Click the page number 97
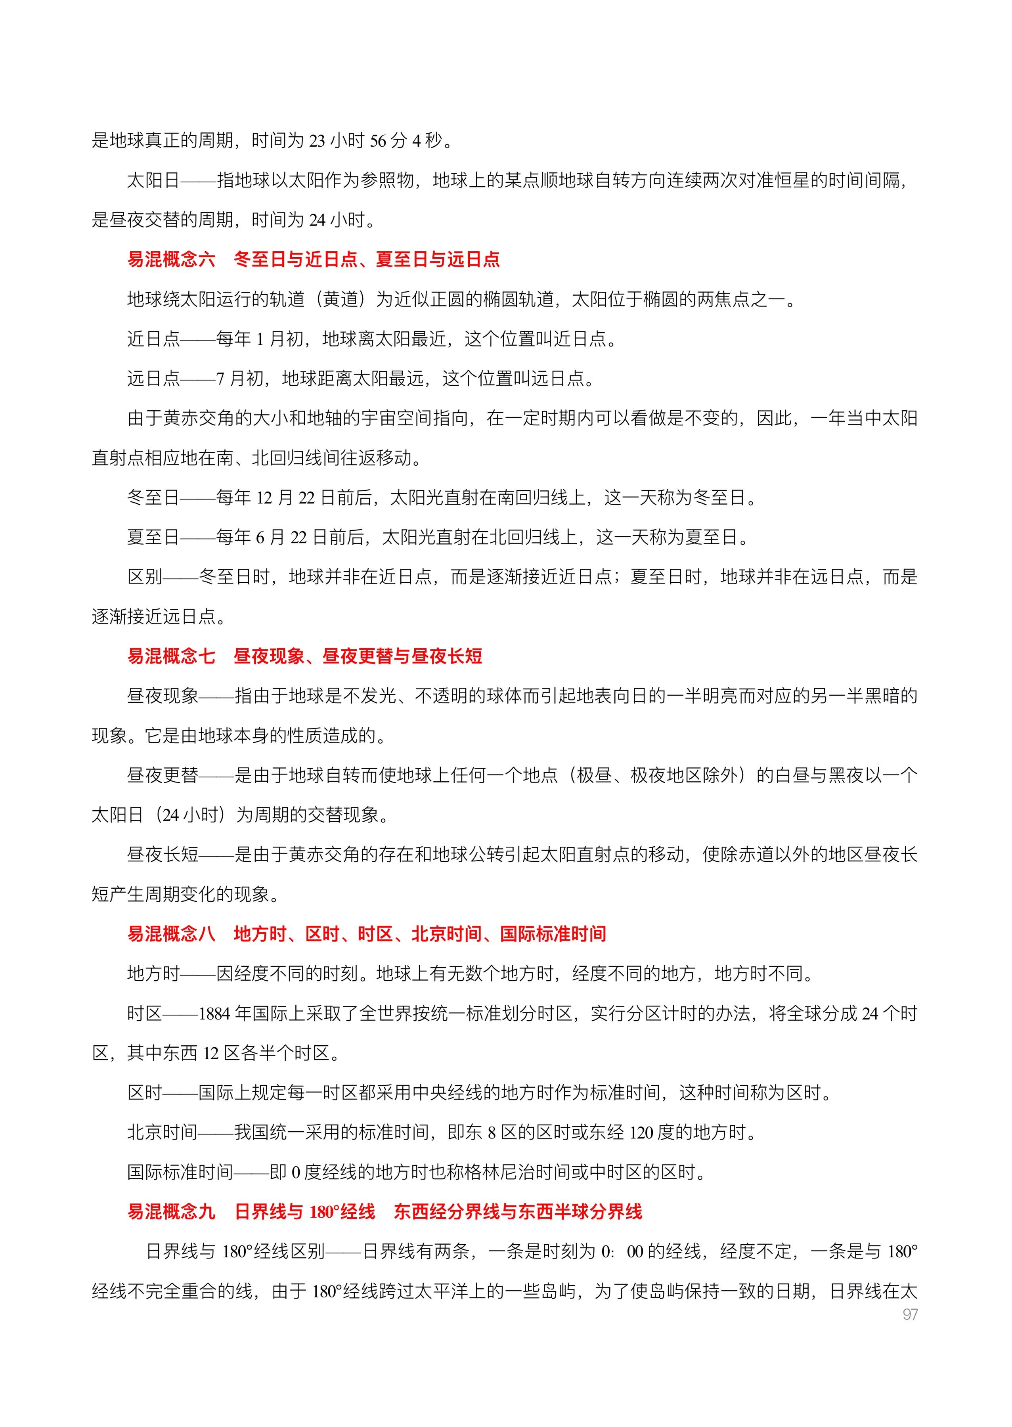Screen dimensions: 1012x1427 click(910, 1314)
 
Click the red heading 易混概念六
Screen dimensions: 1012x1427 click(171, 259)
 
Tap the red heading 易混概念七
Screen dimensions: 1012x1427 click(171, 656)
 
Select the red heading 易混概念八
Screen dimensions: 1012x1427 click(171, 933)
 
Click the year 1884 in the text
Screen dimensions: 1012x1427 click(215, 1014)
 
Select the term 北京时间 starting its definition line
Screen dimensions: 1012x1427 click(162, 1132)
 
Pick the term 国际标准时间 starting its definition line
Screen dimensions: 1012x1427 click(180, 1172)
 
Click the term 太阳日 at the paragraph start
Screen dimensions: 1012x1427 click(153, 181)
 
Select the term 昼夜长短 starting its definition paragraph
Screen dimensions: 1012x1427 click(162, 854)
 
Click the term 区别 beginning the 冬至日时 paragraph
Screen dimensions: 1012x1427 click(145, 577)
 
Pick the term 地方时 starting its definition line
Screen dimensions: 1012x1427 click(153, 974)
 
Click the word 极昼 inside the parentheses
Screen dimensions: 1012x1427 click(594, 775)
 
